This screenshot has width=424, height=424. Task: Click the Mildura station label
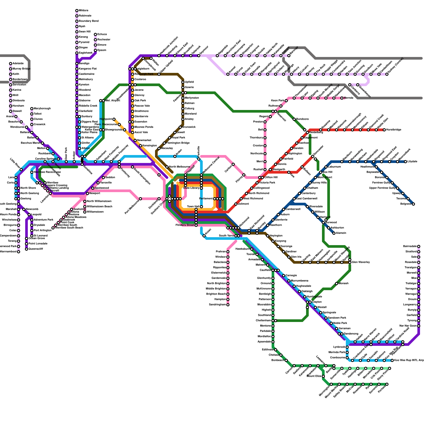tap(83, 11)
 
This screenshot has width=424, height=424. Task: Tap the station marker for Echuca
tap(95, 34)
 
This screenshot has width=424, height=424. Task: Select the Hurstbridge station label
tap(394, 130)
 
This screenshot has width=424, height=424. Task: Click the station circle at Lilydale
tap(405, 162)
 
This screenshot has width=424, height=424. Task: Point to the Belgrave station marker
tap(413, 204)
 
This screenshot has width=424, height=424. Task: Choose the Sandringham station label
tap(217, 305)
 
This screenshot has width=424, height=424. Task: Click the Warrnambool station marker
tap(19, 252)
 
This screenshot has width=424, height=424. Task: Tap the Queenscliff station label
tap(36, 249)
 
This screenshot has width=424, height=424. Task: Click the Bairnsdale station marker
tap(419, 246)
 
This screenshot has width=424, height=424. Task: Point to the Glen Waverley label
tap(361, 262)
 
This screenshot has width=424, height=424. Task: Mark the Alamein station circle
tap(334, 233)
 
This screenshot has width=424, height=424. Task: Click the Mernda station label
tap(348, 98)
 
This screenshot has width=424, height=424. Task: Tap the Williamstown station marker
tap(85, 212)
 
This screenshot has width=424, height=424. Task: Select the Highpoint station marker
tap(114, 119)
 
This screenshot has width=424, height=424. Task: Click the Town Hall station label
tap(193, 207)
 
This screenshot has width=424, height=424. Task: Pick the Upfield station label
tap(189, 82)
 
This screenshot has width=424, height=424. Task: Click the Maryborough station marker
tap(32, 109)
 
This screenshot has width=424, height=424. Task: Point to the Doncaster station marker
tap(313, 156)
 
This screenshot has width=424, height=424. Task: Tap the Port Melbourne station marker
tap(140, 199)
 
